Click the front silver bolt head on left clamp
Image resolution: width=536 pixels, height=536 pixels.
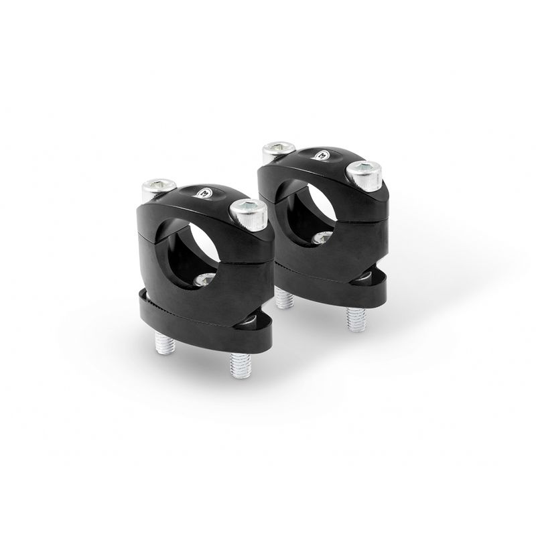[x=249, y=212]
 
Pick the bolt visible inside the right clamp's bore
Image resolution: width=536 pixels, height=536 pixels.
[x=323, y=238]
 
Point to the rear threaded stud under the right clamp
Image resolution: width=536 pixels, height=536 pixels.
[x=284, y=299]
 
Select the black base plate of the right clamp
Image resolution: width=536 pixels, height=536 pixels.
[x=375, y=284]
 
